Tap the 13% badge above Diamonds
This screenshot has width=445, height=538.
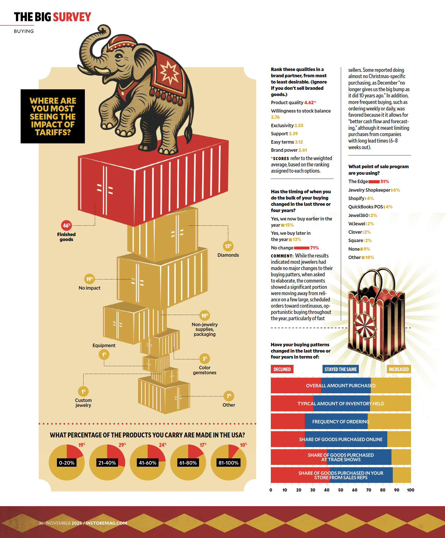click(x=228, y=246)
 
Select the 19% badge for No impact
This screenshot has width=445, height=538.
click(x=89, y=279)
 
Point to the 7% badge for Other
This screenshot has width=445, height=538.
click(x=229, y=396)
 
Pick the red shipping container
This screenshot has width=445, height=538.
click(x=153, y=183)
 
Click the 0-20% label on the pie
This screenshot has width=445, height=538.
click(x=67, y=463)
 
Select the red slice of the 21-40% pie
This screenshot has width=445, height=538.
click(x=115, y=454)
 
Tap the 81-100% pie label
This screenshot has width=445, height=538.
click(x=229, y=463)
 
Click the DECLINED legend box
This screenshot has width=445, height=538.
click(x=282, y=369)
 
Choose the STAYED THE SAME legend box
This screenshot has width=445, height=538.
click(x=341, y=369)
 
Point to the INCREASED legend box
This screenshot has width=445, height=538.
click(x=399, y=369)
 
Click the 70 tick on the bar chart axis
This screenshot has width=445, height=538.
click(x=369, y=490)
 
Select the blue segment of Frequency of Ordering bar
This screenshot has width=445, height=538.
click(x=336, y=421)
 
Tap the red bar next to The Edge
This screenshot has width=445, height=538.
click(x=374, y=182)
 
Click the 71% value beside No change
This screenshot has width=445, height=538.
click(x=314, y=248)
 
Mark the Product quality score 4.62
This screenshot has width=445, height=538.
click(x=309, y=103)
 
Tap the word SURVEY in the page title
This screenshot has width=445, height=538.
click(x=72, y=17)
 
